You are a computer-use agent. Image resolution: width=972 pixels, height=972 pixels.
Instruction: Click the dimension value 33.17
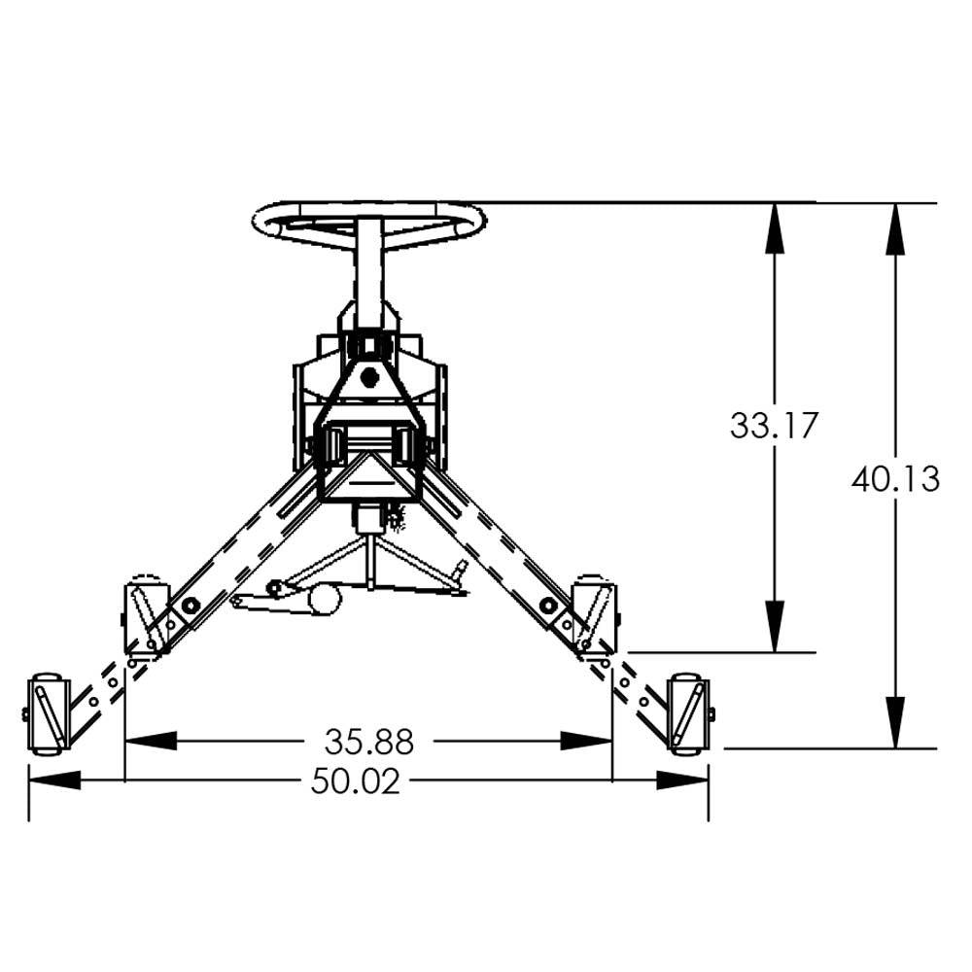click(x=775, y=425)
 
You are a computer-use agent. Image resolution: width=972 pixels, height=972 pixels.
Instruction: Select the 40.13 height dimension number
click(x=895, y=478)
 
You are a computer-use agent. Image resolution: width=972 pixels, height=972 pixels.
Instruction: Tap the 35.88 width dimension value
click(x=368, y=742)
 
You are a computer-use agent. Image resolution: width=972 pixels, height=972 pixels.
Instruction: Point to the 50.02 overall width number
click(x=355, y=781)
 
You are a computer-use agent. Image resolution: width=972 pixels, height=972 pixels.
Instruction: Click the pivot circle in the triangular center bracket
click(x=368, y=378)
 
